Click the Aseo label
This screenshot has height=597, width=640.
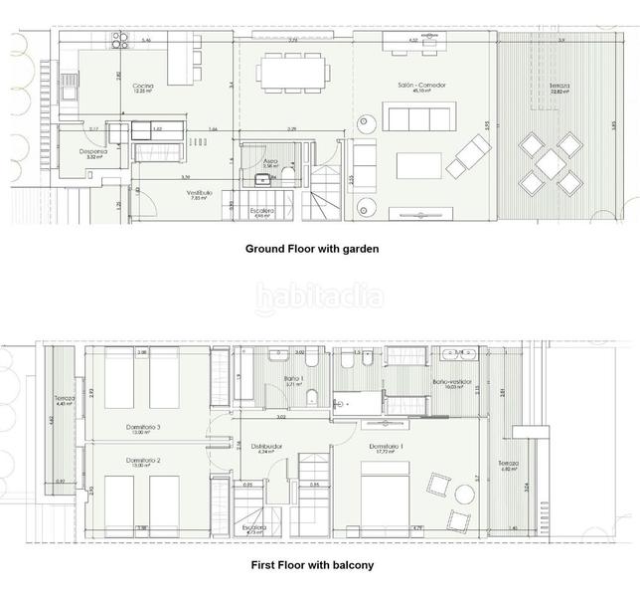tap(270, 161)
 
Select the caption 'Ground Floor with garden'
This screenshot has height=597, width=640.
tap(312, 249)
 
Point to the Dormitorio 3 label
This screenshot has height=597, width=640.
tap(144, 428)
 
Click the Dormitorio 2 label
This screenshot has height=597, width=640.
tap(144, 461)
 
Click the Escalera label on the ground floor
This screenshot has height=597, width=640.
tap(261, 211)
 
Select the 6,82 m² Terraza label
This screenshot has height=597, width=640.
tap(509, 465)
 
